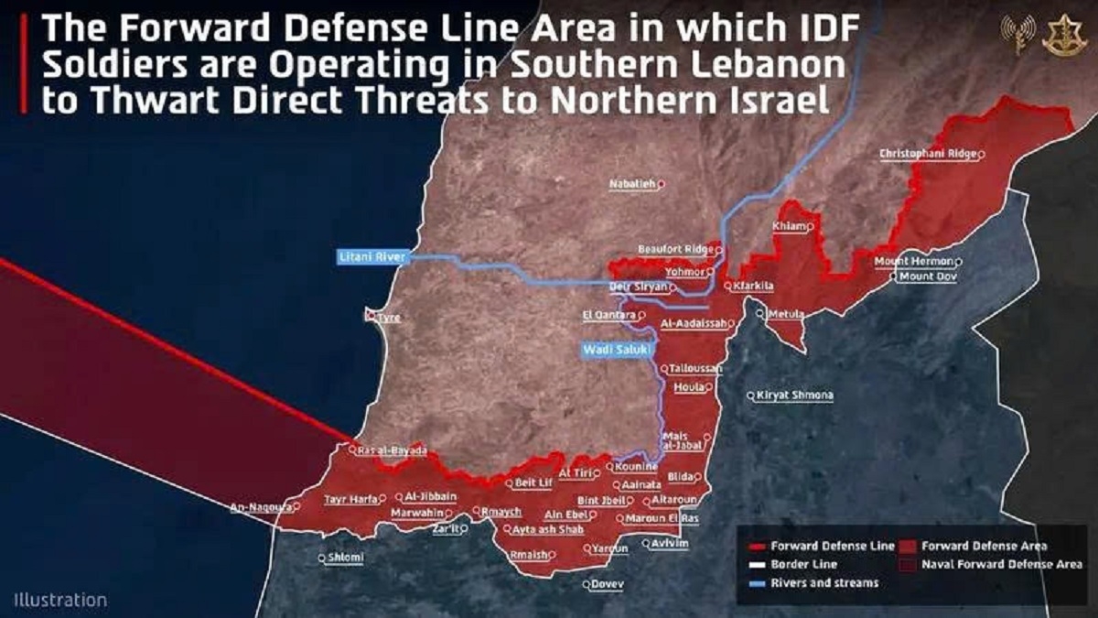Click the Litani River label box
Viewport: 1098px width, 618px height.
pos(371,257)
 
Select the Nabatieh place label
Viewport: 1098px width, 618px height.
pos(634,185)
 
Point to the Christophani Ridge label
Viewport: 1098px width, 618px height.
pos(928,154)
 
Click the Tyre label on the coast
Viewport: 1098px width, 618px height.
pos(388,318)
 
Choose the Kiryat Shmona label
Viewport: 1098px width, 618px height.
pos(794,396)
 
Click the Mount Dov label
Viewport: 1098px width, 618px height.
pos(927,276)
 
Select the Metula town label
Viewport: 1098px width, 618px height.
pos(786,314)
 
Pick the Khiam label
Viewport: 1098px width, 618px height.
pos(788,226)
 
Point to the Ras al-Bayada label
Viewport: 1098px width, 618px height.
pos(392,450)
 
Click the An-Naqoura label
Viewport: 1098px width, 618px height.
pos(260,507)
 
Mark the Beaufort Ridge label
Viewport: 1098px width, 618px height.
pos(675,249)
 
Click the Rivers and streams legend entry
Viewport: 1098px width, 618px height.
pos(823,582)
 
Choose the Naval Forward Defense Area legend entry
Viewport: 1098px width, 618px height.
pos(1002,565)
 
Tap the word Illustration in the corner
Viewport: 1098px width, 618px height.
pos(60,601)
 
